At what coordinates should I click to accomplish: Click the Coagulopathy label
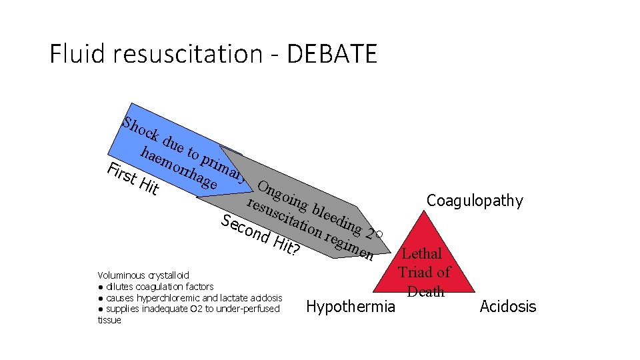point(475,200)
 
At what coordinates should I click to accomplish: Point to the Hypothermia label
point(350,307)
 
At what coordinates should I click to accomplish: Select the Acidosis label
point(507,307)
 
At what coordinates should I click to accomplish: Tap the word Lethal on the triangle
point(421,253)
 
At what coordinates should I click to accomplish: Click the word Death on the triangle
point(426,291)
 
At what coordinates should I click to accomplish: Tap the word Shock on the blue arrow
point(141,128)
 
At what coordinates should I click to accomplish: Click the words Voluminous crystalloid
point(143,275)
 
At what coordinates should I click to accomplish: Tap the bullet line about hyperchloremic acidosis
point(190,298)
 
